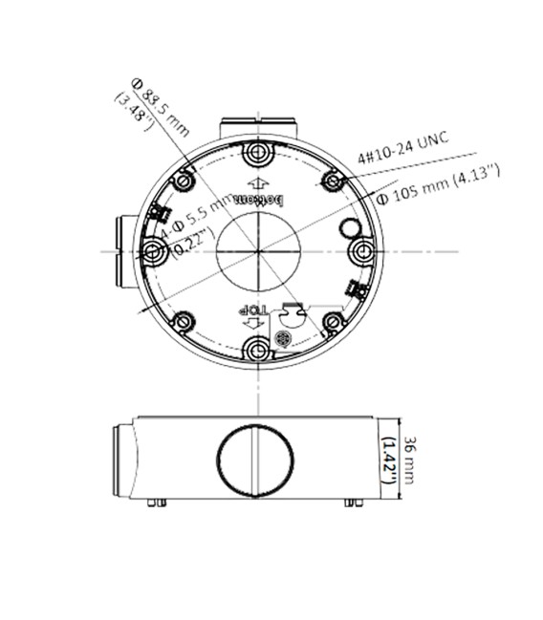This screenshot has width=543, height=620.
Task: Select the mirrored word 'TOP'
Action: [x=250, y=310]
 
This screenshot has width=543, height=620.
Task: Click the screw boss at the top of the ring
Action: [x=255, y=154]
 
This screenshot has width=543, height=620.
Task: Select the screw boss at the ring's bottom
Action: [x=256, y=351]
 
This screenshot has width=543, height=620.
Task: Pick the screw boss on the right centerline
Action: [x=361, y=251]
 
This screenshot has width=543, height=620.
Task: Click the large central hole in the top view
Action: [x=256, y=252]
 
